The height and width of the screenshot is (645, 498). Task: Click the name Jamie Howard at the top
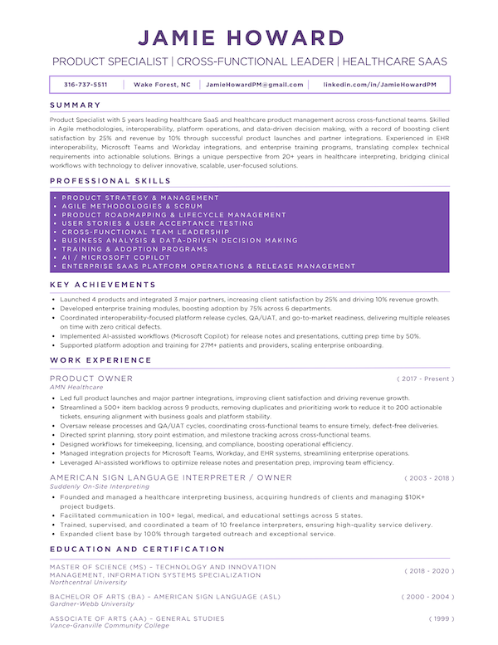[249, 38]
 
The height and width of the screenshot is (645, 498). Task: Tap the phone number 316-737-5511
[85, 85]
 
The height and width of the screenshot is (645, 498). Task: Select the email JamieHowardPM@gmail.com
[255, 85]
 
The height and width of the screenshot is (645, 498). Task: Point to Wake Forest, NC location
[162, 85]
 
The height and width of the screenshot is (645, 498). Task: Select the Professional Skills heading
[110, 180]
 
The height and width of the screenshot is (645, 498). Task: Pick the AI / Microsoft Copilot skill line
[116, 258]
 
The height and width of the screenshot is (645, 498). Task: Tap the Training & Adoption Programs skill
[135, 249]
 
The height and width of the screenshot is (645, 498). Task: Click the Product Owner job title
[91, 379]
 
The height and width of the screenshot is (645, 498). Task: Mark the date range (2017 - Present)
[426, 379]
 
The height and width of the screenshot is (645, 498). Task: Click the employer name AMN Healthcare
[76, 387]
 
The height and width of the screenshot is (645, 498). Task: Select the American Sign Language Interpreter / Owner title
[170, 478]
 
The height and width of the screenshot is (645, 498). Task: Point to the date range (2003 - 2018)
[429, 478]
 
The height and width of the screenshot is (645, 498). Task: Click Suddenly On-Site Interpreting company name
[100, 486]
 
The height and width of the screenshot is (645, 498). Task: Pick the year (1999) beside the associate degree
[442, 619]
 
